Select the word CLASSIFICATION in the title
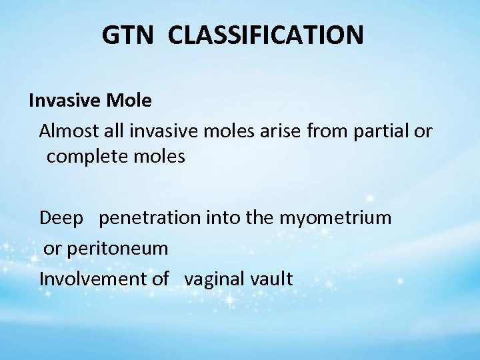pyautogui.click(x=266, y=35)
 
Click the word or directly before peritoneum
pyautogui.click(x=52, y=248)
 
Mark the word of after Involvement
pyautogui.click(x=159, y=278)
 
